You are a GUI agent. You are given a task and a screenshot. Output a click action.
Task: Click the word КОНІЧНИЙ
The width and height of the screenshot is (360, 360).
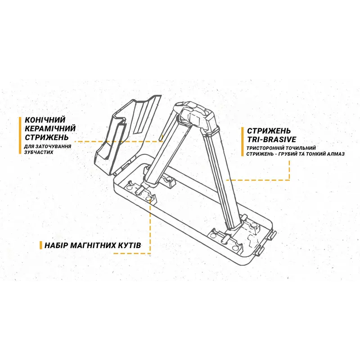[x=45, y=120]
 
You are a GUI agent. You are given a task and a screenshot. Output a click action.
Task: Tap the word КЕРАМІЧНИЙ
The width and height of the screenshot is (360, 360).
[x=50, y=129]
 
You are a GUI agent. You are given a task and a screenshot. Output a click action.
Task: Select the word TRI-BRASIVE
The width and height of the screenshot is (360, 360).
[x=271, y=139]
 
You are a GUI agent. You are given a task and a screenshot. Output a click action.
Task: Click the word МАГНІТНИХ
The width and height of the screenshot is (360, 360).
[x=94, y=245]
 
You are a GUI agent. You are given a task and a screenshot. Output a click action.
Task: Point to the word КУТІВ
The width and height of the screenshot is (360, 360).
[x=130, y=245]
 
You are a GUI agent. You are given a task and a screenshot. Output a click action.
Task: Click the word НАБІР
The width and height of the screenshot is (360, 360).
[x=56, y=245]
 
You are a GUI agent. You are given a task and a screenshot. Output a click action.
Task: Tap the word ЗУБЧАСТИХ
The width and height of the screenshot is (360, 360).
[x=39, y=152]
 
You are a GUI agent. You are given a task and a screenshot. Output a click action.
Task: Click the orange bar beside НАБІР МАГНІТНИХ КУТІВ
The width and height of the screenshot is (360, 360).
[x=41, y=245]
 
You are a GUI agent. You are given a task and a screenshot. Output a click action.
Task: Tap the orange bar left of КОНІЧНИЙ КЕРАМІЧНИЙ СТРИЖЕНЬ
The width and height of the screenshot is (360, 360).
[x=20, y=135]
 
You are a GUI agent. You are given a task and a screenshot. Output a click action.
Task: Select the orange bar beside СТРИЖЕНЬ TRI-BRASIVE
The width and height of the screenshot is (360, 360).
[x=243, y=142]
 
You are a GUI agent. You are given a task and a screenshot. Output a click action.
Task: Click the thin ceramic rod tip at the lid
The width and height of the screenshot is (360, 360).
[x=162, y=138]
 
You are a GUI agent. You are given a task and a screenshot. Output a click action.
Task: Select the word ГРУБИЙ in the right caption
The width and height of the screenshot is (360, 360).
[x=288, y=154]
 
